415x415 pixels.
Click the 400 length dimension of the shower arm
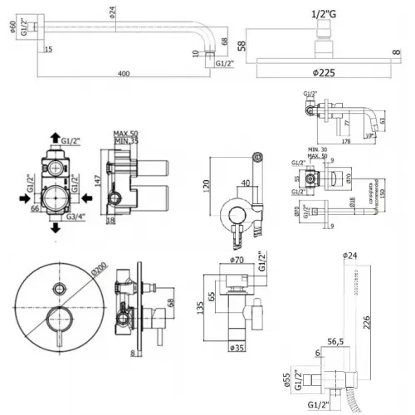124,75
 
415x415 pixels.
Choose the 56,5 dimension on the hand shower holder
336,339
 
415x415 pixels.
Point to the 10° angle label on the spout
369,136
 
